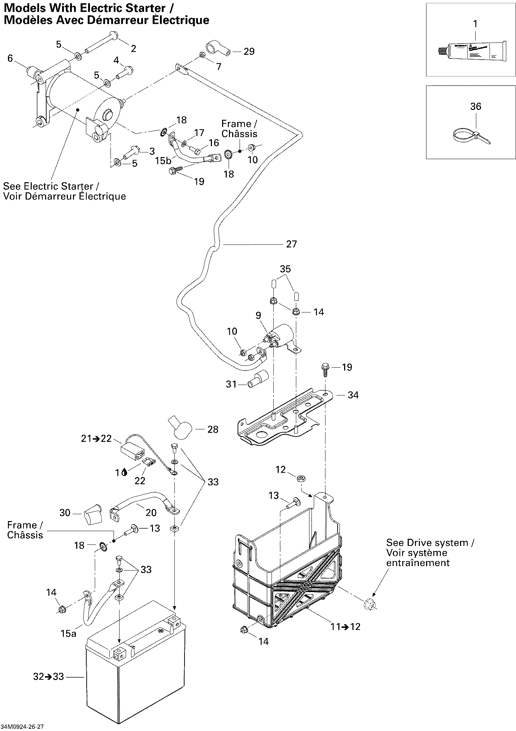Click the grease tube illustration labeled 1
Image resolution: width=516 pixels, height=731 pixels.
pyautogui.click(x=469, y=51)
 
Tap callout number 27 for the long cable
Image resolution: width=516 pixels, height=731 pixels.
pyautogui.click(x=291, y=244)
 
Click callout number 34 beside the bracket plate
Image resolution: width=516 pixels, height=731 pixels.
pyautogui.click(x=353, y=395)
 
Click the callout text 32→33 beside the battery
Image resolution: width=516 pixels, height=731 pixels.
pyautogui.click(x=48, y=676)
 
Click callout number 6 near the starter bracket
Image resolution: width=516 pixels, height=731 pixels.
pyautogui.click(x=10, y=58)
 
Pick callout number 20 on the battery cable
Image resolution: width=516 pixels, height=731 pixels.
pyautogui.click(x=151, y=512)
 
